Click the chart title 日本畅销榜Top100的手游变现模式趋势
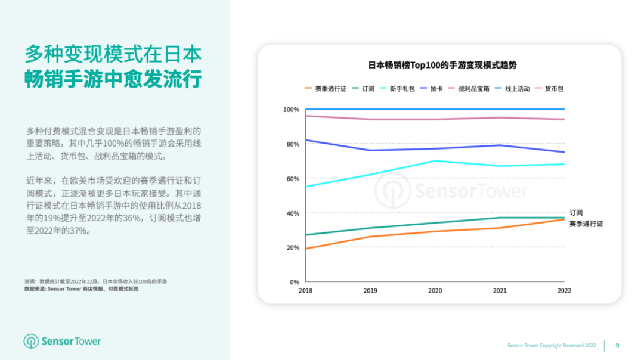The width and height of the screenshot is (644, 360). [x=442, y=66]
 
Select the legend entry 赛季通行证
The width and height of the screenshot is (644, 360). [x=330, y=89]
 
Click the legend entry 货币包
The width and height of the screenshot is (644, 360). [x=553, y=89]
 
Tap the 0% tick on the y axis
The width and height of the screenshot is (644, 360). [x=294, y=282]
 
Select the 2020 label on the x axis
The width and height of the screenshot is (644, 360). [x=435, y=291]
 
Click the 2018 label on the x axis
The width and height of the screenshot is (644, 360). [x=305, y=291]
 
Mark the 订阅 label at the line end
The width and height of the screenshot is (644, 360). [x=575, y=213]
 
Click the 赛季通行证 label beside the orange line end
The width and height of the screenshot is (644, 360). [x=586, y=224]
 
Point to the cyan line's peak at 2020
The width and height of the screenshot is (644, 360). [x=435, y=161]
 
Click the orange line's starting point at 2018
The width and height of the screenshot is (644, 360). [x=305, y=249]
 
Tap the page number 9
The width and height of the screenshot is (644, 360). [x=617, y=345]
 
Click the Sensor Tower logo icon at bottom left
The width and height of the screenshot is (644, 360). [x=31, y=342]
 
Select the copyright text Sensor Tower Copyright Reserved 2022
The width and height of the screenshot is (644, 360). [x=552, y=346]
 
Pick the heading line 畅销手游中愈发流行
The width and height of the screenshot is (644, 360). [x=113, y=79]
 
